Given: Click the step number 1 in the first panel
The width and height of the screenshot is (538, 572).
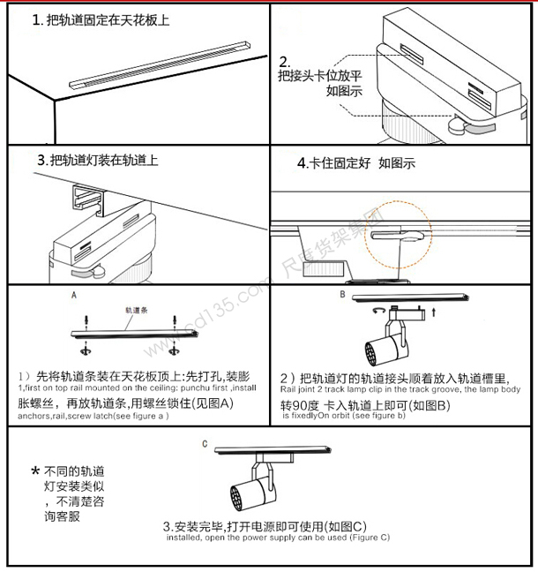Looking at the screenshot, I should coord(37,19).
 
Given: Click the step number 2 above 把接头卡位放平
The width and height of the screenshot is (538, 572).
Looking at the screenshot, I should coord(285,62).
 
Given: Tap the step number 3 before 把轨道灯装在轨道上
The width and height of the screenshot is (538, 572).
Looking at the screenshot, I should coord(41,161).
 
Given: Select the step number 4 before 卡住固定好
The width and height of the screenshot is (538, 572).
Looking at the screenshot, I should coord(303,163).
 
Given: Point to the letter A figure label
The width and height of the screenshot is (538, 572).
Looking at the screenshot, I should coord(74,297).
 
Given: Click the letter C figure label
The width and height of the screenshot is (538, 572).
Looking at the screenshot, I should coord(204,443).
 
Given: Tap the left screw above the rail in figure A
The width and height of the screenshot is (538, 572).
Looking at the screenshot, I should coord(86,320).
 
